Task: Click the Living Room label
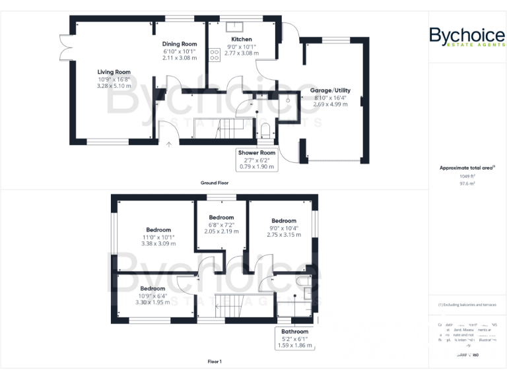(x=114, y=72)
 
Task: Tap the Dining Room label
(x=180, y=44)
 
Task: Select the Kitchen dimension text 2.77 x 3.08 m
(x=241, y=58)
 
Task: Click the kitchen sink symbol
(x=234, y=27)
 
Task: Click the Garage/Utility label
(x=331, y=90)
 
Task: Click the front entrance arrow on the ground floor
(x=169, y=144)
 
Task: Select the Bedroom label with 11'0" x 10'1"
(x=158, y=230)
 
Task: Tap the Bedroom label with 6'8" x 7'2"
(x=221, y=217)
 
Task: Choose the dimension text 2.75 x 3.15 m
(x=284, y=236)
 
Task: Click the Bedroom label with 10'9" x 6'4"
(x=152, y=288)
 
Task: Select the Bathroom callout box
(x=294, y=338)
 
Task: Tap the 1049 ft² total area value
(x=467, y=176)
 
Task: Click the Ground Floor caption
(x=215, y=182)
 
